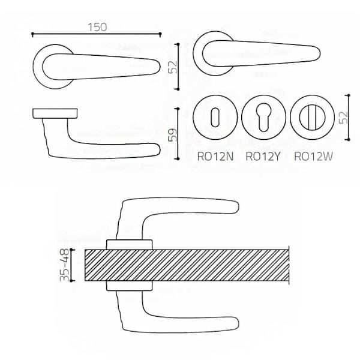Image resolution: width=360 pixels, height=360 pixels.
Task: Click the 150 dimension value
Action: click(x=97, y=27)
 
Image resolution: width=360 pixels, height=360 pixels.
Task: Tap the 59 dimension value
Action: click(x=173, y=135)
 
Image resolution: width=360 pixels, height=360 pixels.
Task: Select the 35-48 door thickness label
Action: click(x=64, y=265)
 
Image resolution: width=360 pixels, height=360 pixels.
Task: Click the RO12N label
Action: click(x=215, y=157)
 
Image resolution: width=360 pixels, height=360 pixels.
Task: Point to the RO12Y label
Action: click(x=263, y=157)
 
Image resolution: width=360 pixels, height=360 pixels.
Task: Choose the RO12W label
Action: click(x=313, y=157)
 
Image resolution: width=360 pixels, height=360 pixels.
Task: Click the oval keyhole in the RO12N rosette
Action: click(x=215, y=118)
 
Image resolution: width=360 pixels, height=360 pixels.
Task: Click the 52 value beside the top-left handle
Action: click(x=173, y=67)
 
